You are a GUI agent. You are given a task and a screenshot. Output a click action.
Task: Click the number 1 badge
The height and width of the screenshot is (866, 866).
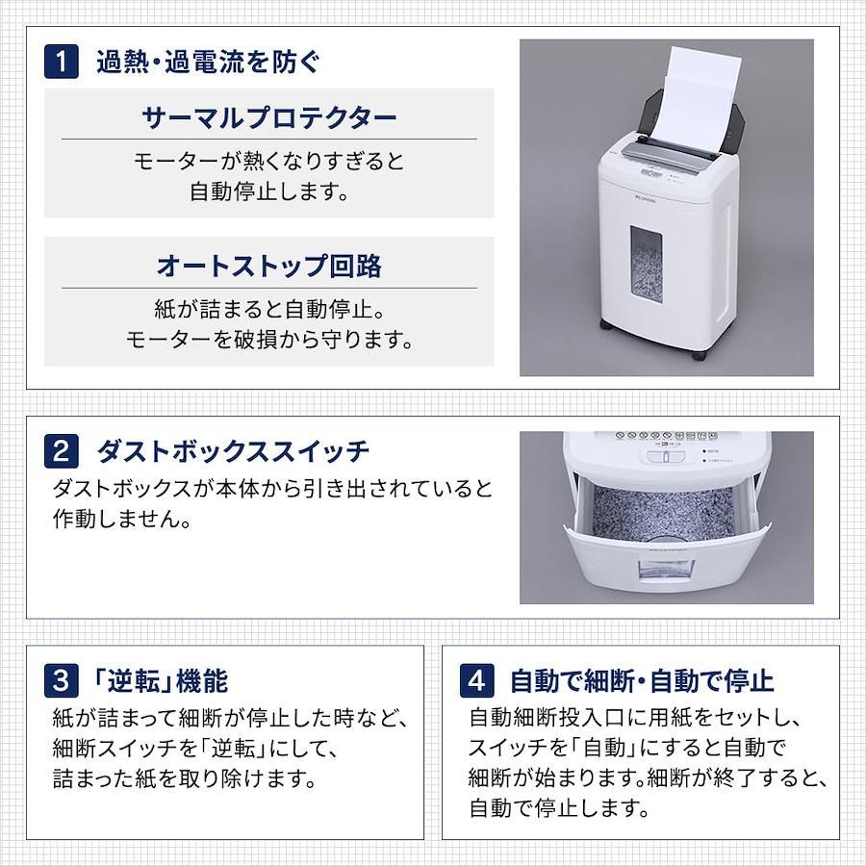pos(62,62)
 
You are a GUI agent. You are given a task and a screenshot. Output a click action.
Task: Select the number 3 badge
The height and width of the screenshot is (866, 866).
pos(62,680)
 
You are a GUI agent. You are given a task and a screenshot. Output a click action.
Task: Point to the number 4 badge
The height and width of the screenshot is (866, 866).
pos(476,680)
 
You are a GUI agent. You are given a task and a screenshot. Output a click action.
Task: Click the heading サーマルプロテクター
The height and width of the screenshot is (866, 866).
pos(269,117)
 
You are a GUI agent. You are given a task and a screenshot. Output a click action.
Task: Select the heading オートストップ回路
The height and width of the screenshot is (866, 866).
pos(269,266)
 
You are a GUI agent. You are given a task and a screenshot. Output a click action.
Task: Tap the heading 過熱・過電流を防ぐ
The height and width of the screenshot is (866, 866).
pos(208,62)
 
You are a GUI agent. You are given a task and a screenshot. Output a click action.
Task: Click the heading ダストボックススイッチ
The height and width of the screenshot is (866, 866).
pos(233,451)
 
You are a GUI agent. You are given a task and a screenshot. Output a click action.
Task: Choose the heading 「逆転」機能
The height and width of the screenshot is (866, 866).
pos(161,681)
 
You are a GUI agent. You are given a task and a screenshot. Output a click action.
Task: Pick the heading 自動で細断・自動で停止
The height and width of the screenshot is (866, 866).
pos(642,681)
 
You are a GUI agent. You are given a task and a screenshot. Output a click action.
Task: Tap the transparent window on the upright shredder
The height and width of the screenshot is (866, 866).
pos(647,267)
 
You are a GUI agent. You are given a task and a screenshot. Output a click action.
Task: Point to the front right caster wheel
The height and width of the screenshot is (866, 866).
pos(700,354)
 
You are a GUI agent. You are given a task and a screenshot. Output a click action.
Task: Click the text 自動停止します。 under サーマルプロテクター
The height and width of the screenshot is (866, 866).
pos(269,191)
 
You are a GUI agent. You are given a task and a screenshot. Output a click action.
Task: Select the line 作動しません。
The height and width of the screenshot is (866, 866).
pos(121,520)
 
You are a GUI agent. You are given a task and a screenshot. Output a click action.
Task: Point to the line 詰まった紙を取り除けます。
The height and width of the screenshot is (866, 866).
pos(185,778)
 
